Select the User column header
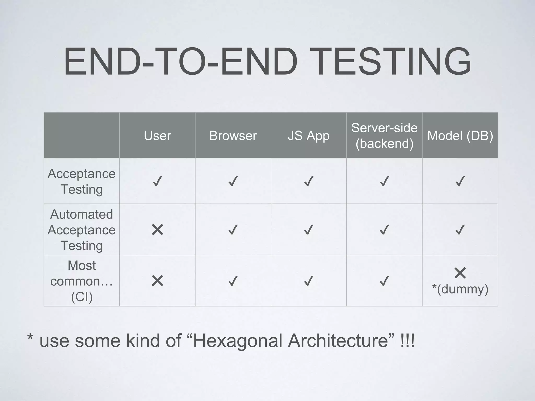point(157,136)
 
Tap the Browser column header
point(233,136)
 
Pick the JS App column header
point(309,136)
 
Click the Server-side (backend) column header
point(384,135)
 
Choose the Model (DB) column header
point(460,136)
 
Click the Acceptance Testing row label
point(82,181)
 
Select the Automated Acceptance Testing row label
point(82,230)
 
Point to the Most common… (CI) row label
point(82,281)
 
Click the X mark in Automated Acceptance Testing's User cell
point(157,230)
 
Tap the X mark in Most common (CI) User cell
point(157,281)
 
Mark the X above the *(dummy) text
point(460,273)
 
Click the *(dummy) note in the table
point(460,289)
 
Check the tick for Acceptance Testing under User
point(157,181)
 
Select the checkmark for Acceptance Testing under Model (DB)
point(460,181)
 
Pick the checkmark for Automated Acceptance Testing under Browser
point(233,230)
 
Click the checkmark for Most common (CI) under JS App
point(309,281)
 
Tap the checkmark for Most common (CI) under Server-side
point(384,281)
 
